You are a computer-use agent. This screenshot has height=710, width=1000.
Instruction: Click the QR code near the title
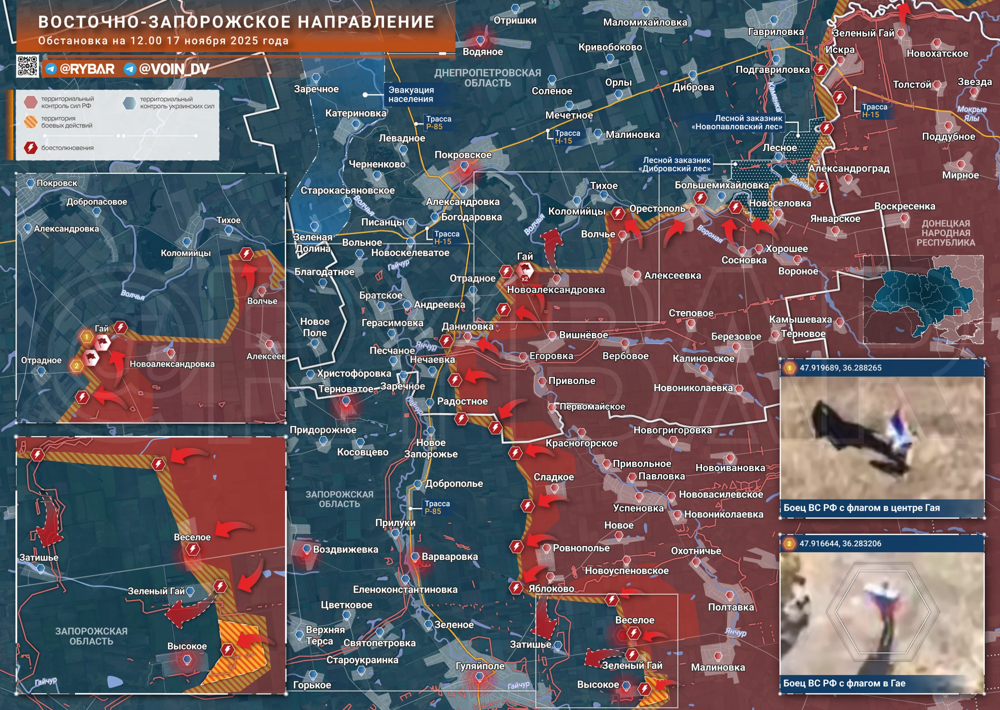[x=27, y=66]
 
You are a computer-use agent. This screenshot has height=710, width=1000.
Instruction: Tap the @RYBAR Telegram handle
[x=86, y=69]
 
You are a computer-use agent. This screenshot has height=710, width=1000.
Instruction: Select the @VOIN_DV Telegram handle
[x=173, y=69]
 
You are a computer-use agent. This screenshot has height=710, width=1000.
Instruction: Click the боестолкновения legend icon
[x=30, y=148]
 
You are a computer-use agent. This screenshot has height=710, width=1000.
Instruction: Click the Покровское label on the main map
[x=463, y=155]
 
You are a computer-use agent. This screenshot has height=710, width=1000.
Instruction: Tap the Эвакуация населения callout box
[x=411, y=94]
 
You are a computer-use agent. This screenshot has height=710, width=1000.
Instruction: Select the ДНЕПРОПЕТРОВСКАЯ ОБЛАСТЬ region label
[x=487, y=78]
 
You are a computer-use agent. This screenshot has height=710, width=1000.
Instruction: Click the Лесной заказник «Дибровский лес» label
[x=676, y=164]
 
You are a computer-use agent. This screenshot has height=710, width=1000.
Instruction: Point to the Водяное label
[x=482, y=52]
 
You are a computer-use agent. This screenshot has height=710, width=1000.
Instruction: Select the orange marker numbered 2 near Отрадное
[x=77, y=365]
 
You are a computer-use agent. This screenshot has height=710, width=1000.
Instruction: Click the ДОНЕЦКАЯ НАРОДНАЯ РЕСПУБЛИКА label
[x=945, y=233]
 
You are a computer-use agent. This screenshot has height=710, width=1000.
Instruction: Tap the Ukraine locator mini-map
[x=923, y=300]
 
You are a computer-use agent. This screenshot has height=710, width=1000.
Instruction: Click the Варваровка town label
[x=449, y=557]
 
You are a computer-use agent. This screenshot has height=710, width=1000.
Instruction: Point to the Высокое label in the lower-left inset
[x=187, y=646]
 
